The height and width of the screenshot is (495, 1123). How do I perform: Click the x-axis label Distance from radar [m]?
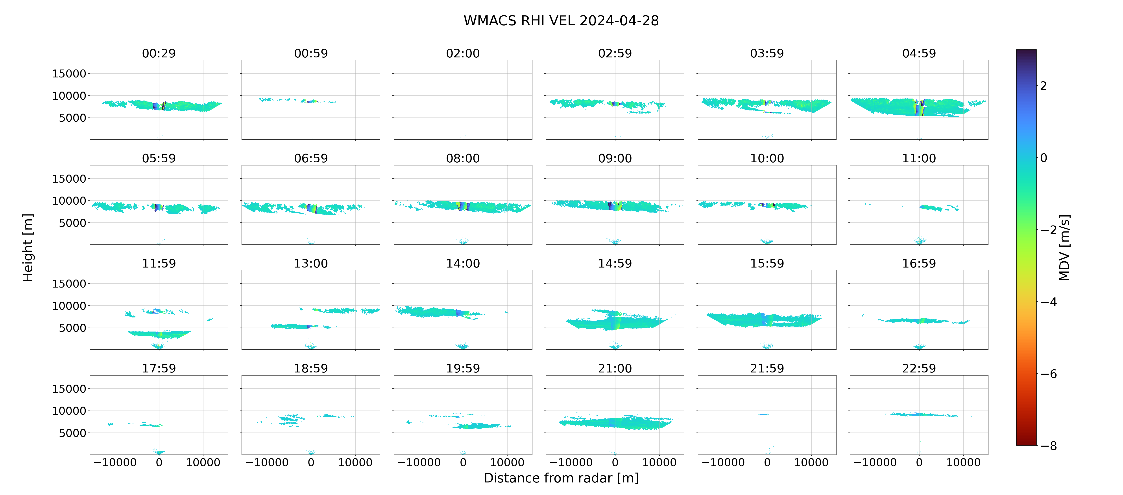(561, 478)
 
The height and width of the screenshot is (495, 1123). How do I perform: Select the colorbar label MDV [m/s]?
(1064, 247)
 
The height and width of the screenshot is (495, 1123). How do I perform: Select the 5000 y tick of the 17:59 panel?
(72, 433)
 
